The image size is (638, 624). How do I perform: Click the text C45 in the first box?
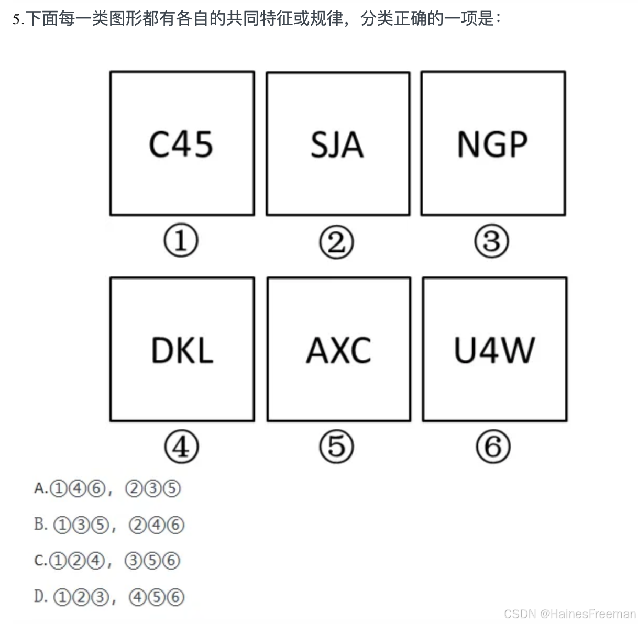(x=181, y=144)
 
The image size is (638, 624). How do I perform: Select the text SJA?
(x=337, y=145)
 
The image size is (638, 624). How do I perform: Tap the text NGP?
(x=492, y=144)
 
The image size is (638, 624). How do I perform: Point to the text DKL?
(x=182, y=350)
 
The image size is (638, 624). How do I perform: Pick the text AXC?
(x=339, y=350)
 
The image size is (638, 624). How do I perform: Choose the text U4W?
(x=494, y=350)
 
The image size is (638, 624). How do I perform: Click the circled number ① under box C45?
(x=181, y=241)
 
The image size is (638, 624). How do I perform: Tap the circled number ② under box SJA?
(x=336, y=242)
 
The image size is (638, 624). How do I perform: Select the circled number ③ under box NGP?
(x=491, y=241)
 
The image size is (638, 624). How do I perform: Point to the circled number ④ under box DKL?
(x=181, y=447)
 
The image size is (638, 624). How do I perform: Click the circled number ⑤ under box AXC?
(x=336, y=447)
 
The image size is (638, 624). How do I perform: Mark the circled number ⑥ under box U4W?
(x=493, y=447)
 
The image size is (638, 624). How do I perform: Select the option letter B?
(x=40, y=524)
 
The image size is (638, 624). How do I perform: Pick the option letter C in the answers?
(x=39, y=560)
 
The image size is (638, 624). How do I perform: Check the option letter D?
(x=40, y=596)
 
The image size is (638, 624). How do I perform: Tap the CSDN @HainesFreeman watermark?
(x=569, y=614)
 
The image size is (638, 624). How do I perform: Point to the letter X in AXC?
(x=339, y=350)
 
